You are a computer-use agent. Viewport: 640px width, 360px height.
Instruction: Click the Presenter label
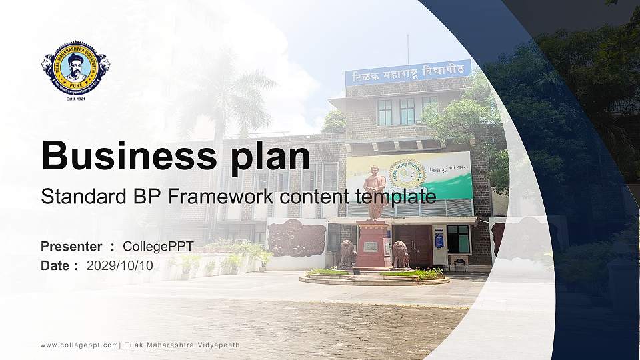(x=71, y=247)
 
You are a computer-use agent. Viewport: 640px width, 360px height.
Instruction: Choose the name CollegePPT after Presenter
(x=159, y=247)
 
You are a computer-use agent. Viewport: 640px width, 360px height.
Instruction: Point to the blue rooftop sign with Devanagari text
(x=408, y=72)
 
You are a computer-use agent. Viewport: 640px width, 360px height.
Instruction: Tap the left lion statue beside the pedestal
(x=347, y=253)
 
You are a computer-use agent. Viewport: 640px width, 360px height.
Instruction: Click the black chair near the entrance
(x=459, y=264)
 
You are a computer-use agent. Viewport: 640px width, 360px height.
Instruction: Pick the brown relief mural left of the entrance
(x=296, y=238)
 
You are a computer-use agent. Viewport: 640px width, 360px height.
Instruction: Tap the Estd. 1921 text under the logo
(x=75, y=99)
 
